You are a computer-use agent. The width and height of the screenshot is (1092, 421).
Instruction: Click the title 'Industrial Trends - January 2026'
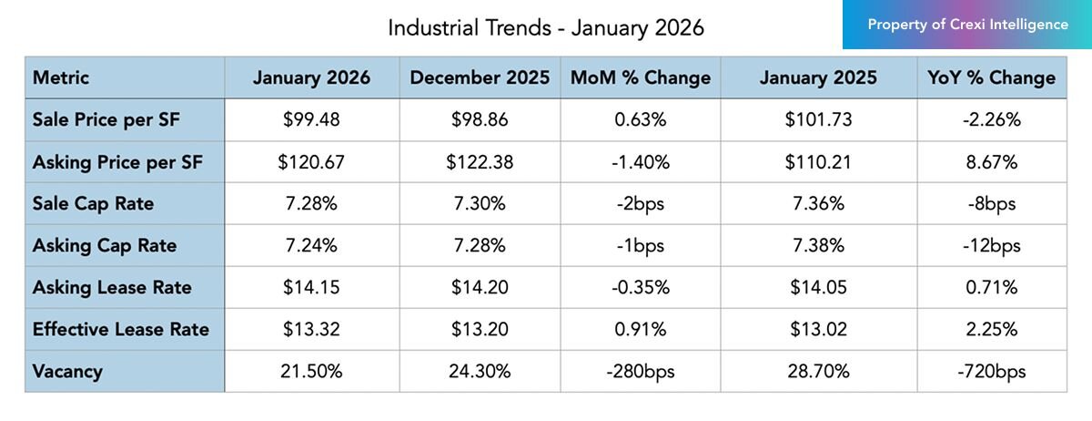(x=545, y=27)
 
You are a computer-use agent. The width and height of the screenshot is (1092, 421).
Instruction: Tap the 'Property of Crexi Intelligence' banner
(x=967, y=25)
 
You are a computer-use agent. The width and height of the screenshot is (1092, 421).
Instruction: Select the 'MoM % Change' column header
(x=640, y=78)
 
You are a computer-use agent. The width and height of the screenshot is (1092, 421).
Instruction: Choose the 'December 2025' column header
(x=480, y=78)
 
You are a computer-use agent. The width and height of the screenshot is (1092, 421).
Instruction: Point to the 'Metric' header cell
(x=61, y=78)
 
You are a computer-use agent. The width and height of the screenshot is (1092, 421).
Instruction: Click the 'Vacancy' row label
(x=67, y=372)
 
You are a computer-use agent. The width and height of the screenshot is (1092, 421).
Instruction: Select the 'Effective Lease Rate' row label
(x=120, y=330)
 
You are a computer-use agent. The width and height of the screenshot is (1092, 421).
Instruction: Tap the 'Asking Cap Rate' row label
(x=105, y=246)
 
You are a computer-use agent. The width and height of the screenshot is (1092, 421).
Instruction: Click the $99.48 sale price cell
(x=311, y=120)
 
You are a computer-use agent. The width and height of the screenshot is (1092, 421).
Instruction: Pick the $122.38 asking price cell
(x=480, y=162)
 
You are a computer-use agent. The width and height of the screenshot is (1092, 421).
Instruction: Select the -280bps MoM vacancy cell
(x=640, y=372)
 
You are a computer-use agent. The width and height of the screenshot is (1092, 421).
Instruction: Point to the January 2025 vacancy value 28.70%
(x=818, y=372)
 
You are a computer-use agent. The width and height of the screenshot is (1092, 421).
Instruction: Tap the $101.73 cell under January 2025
(x=818, y=120)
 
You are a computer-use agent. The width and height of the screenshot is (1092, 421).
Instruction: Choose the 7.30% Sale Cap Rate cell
(x=480, y=204)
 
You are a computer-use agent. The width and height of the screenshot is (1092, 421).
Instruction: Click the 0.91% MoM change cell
(x=640, y=330)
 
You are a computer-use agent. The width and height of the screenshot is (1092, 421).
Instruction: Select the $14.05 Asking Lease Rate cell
(x=818, y=288)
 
